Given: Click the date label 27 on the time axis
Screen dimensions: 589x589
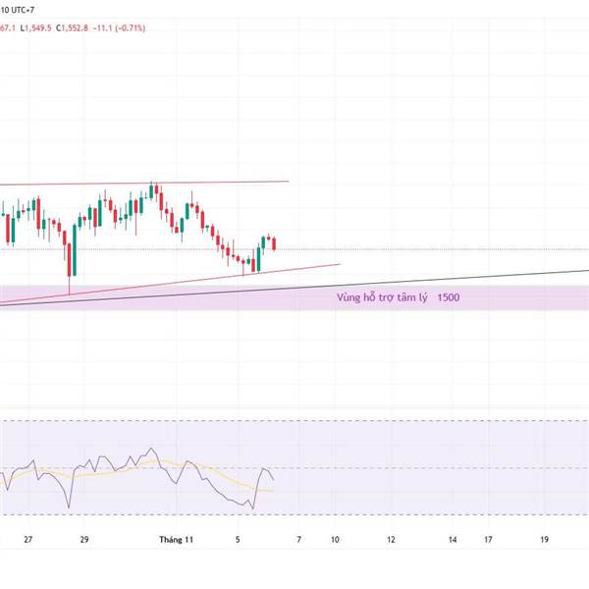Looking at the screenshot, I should pyautogui.click(x=28, y=539).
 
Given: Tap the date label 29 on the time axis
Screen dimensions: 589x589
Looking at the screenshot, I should pyautogui.click(x=85, y=539).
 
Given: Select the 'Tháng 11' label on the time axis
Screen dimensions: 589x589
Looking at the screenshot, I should pyautogui.click(x=179, y=539).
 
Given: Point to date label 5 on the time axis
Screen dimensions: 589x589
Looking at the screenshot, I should pyautogui.click(x=238, y=539).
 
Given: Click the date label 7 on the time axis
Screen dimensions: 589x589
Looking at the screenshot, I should pyautogui.click(x=299, y=539).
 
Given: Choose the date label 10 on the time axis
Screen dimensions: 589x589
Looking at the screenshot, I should pyautogui.click(x=336, y=539).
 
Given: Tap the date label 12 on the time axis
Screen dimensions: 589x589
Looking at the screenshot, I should pyautogui.click(x=391, y=539).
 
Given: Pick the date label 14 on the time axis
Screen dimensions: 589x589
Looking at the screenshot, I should pyautogui.click(x=453, y=539).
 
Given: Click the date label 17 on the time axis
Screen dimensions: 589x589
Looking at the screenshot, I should pyautogui.click(x=488, y=539).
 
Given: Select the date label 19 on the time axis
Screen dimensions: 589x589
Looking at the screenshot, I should pyautogui.click(x=545, y=539).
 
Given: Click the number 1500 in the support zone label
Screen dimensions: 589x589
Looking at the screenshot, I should pyautogui.click(x=449, y=296).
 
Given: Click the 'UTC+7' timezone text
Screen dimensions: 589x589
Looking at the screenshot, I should pyautogui.click(x=24, y=9).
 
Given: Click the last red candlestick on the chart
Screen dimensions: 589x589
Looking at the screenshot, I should pyautogui.click(x=274, y=242).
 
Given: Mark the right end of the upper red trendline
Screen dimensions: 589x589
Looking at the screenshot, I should pyautogui.click(x=289, y=181).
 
